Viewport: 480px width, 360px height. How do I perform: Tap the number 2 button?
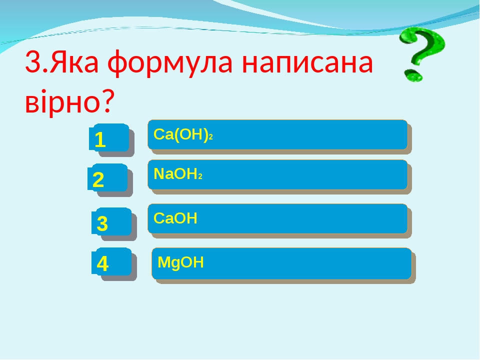click(x=107, y=177)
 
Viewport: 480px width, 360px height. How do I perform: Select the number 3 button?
click(x=110, y=221)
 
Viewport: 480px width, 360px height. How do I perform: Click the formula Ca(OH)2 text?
click(x=183, y=134)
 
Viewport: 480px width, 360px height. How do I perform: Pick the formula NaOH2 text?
click(x=177, y=174)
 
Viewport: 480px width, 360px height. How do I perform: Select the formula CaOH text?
click(x=175, y=218)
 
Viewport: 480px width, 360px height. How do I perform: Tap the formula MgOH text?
click(x=180, y=262)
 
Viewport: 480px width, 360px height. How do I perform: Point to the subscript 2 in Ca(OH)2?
click(x=211, y=137)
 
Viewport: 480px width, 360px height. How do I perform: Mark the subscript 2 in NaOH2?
click(x=199, y=176)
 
